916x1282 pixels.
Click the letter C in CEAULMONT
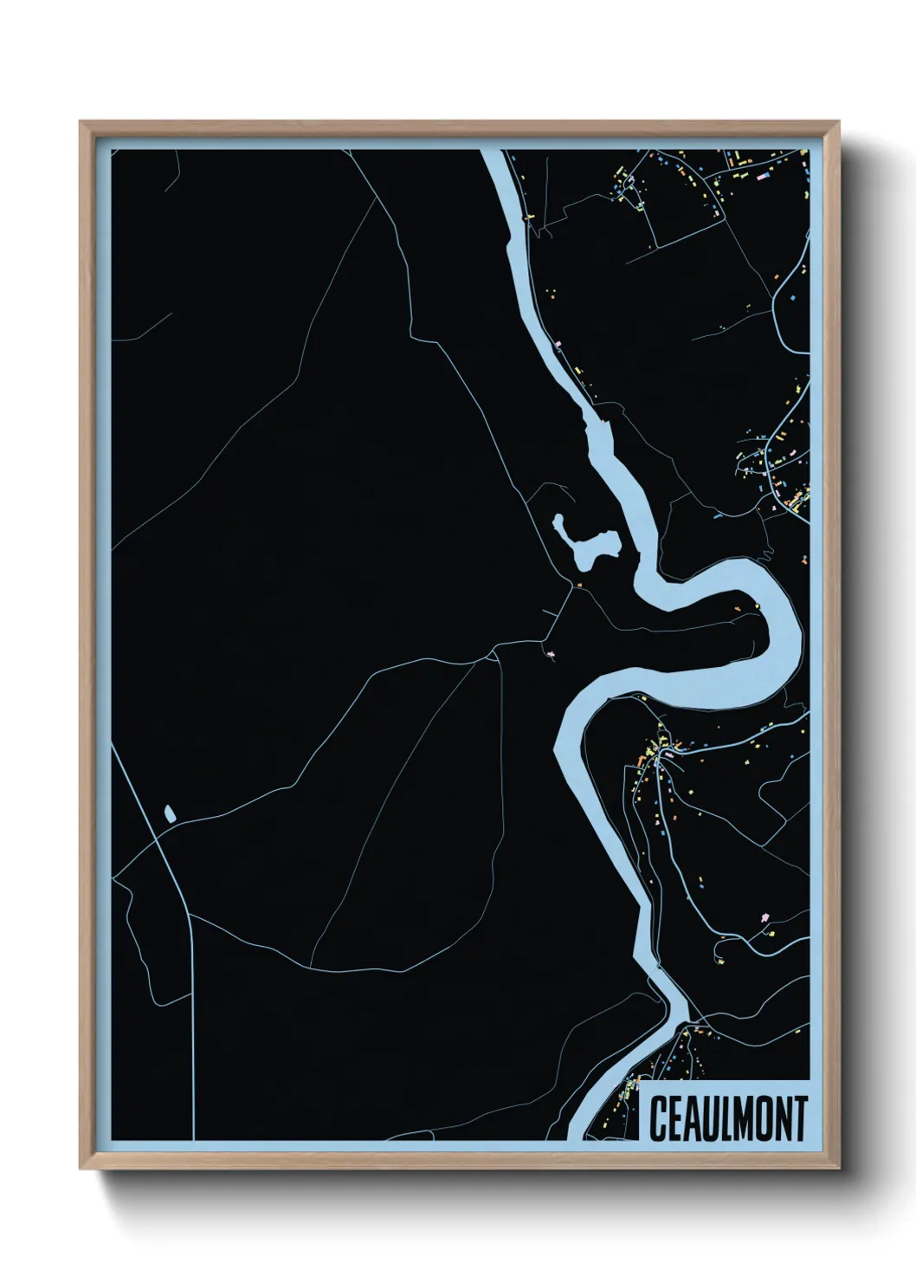pos(658,1118)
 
